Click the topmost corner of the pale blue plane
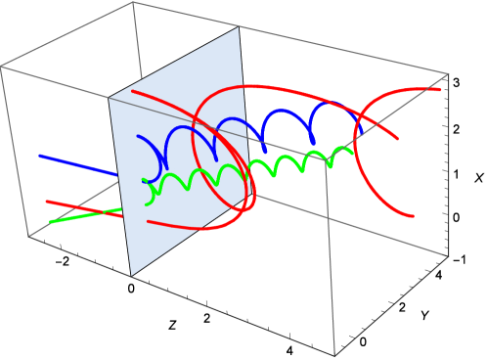click(x=239, y=27)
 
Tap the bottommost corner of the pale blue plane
click(x=131, y=276)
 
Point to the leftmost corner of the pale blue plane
click(x=109, y=98)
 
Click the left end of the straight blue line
click(x=40, y=156)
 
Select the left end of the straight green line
click(x=51, y=222)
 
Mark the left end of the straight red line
click(x=46, y=202)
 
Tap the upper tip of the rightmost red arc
click(x=439, y=90)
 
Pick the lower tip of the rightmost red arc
click(x=413, y=216)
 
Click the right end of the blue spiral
click(x=361, y=132)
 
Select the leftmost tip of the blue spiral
click(x=139, y=137)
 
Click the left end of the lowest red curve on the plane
click(x=148, y=222)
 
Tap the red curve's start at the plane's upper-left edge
click(x=132, y=91)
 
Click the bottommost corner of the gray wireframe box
click(x=334, y=355)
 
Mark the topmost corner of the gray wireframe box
click(x=133, y=2)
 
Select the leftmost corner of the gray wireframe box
click(x=1, y=67)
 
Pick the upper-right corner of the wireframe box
click(x=449, y=74)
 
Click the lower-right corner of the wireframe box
click(x=449, y=255)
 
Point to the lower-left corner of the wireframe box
click(x=28, y=236)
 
